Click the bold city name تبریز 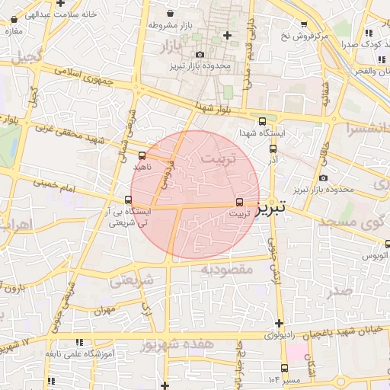click(272, 207)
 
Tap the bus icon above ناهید click(142, 156)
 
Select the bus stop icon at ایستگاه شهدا click(263, 121)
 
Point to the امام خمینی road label click(56, 184)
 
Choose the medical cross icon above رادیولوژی click(280, 323)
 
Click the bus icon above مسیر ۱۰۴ click(285, 367)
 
